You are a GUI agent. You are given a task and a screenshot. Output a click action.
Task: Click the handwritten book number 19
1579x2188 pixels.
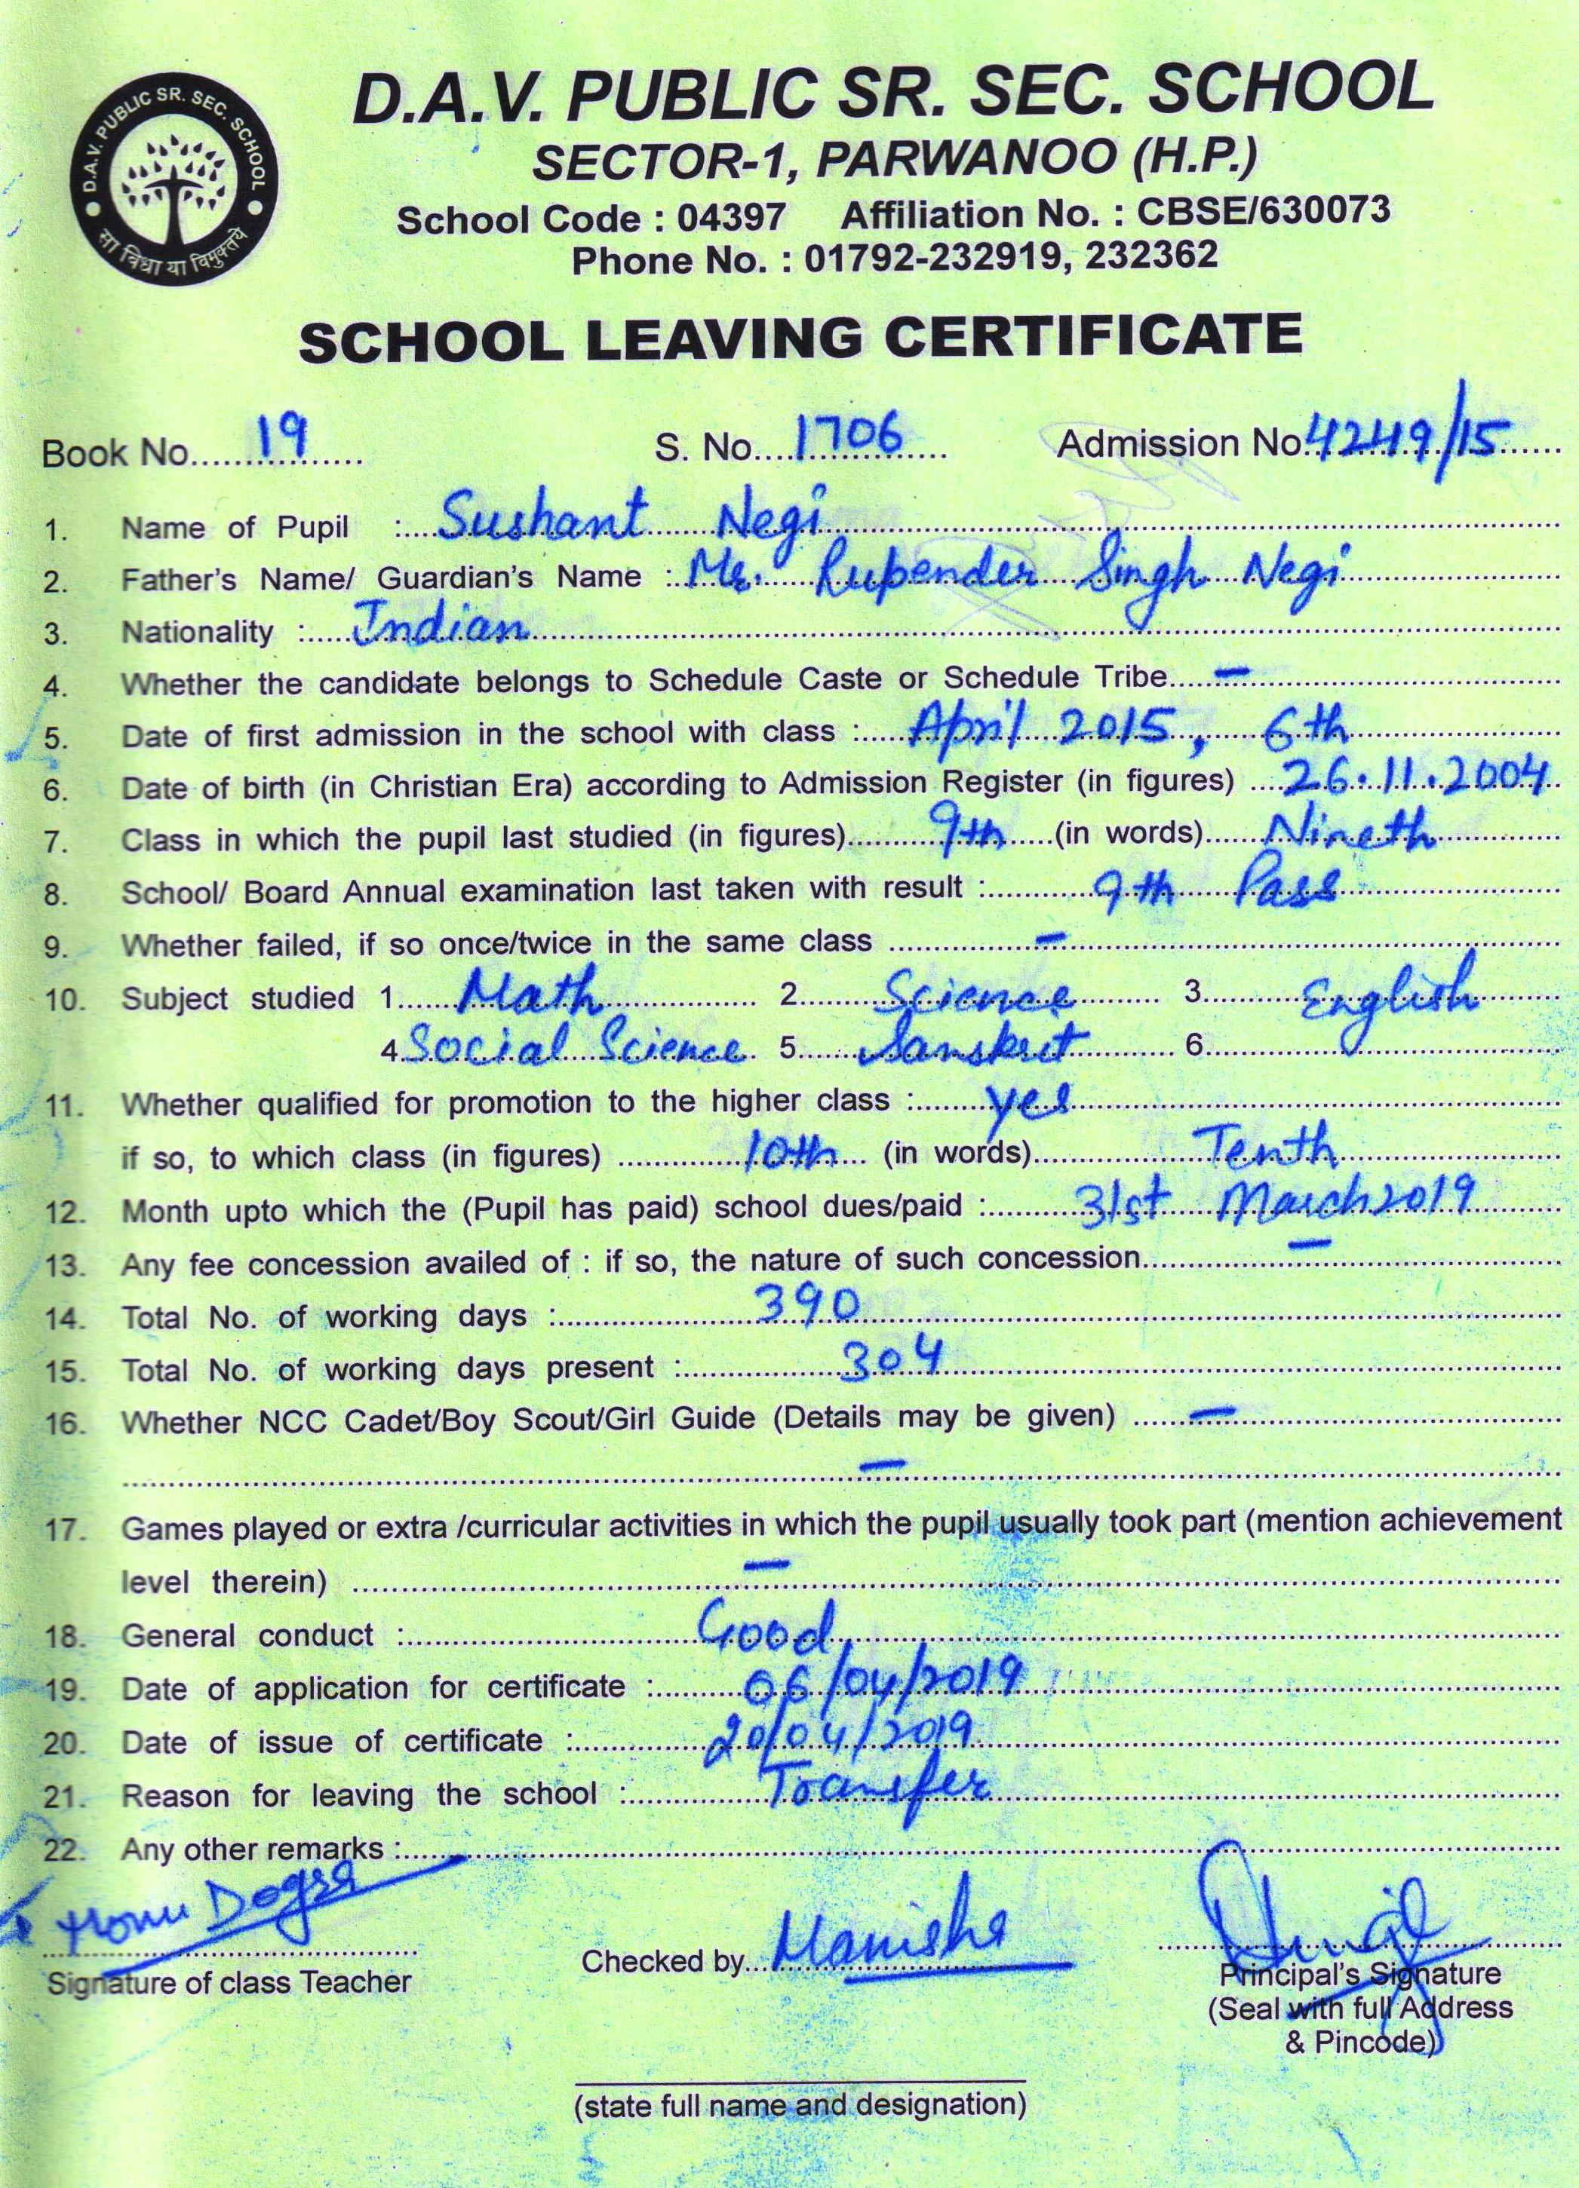pyautogui.click(x=284, y=441)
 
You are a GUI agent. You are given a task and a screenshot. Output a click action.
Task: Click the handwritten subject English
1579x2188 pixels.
pyautogui.click(x=1390, y=1001)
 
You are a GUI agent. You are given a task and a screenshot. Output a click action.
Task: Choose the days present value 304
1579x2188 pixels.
pyautogui.click(x=888, y=1359)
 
